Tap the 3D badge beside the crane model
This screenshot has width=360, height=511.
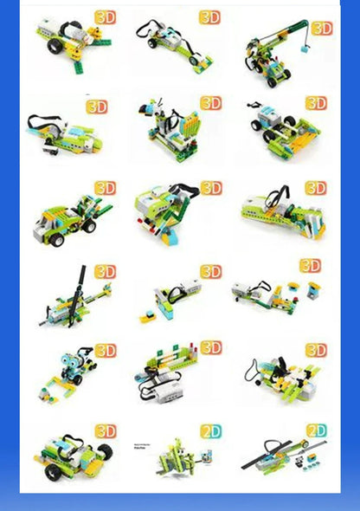[x=321, y=29]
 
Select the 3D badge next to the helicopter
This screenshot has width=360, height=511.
[x=104, y=272]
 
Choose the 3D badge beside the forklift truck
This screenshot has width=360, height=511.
[x=105, y=188]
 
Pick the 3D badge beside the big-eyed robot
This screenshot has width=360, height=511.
[x=105, y=350]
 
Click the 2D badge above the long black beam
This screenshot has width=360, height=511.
[x=316, y=430]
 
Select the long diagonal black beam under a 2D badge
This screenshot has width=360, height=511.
[x=281, y=454]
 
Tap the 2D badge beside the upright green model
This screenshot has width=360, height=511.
[x=211, y=431]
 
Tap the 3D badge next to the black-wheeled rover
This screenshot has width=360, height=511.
[x=105, y=431]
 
